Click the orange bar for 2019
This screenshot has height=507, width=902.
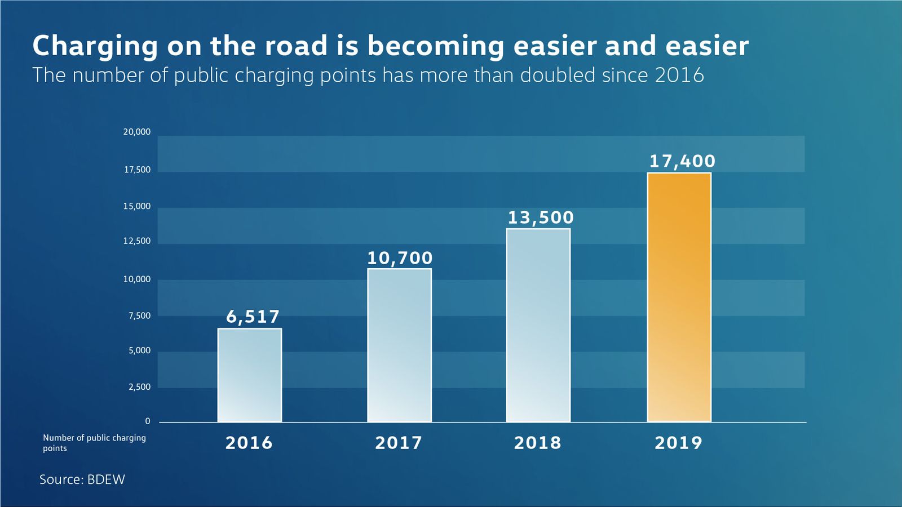coord(679,297)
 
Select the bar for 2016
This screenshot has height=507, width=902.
coord(250,375)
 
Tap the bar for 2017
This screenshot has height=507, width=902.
coord(400,345)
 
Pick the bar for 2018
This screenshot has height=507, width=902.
coord(538,325)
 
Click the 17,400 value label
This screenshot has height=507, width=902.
coord(682,161)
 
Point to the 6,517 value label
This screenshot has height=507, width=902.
coord(253,317)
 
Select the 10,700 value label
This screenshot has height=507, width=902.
coord(400,258)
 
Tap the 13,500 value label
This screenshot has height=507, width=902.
coord(541,217)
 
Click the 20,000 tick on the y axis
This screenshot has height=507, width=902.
coord(137,132)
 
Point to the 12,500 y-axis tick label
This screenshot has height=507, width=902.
coord(138,241)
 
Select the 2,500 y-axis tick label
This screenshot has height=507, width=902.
coord(139,387)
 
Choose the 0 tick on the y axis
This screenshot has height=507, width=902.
coord(147,421)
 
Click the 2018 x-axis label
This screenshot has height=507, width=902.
coord(538,443)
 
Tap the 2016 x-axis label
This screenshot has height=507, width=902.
coord(249,443)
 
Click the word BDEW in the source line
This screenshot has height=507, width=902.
coord(107,479)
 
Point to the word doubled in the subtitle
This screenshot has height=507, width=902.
coord(558,75)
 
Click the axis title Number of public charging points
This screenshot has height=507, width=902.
coord(94,443)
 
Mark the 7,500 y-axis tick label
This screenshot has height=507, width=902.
coord(139,316)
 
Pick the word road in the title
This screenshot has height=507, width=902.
coord(296,46)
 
